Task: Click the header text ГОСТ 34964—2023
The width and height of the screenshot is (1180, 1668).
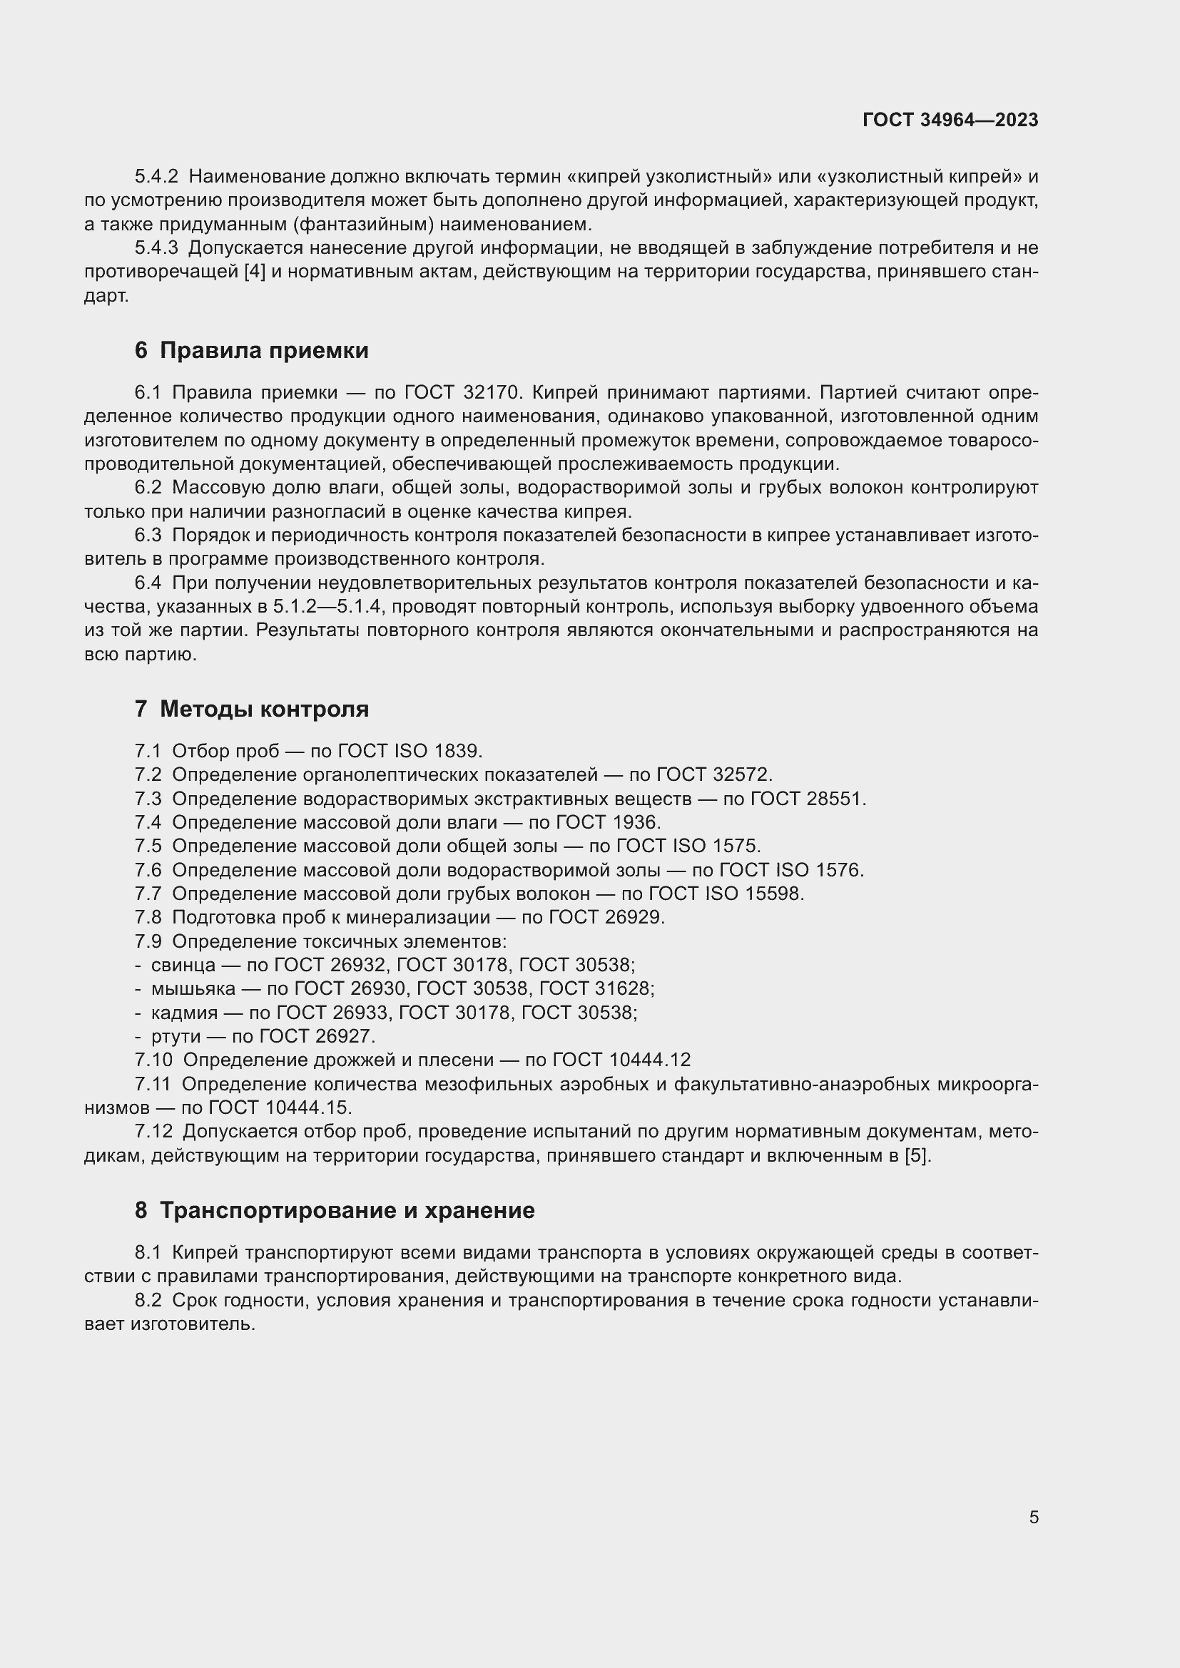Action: pos(950,120)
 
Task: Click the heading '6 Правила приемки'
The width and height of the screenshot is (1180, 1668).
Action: pos(251,350)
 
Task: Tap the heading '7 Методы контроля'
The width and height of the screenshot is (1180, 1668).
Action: pos(251,708)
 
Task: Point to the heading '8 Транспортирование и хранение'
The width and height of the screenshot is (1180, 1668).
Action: pos(334,1210)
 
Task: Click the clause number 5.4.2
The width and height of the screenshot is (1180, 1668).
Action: pos(156,177)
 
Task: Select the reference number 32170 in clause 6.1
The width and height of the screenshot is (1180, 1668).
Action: pos(491,392)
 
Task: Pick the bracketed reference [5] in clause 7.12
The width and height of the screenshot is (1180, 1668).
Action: pos(916,1156)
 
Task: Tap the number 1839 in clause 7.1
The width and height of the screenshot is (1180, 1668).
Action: pos(457,751)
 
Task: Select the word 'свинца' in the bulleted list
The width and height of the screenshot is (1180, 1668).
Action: pos(183,965)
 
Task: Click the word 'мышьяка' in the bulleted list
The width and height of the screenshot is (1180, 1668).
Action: pos(193,988)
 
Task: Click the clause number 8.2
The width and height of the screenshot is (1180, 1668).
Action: pos(148,1301)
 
